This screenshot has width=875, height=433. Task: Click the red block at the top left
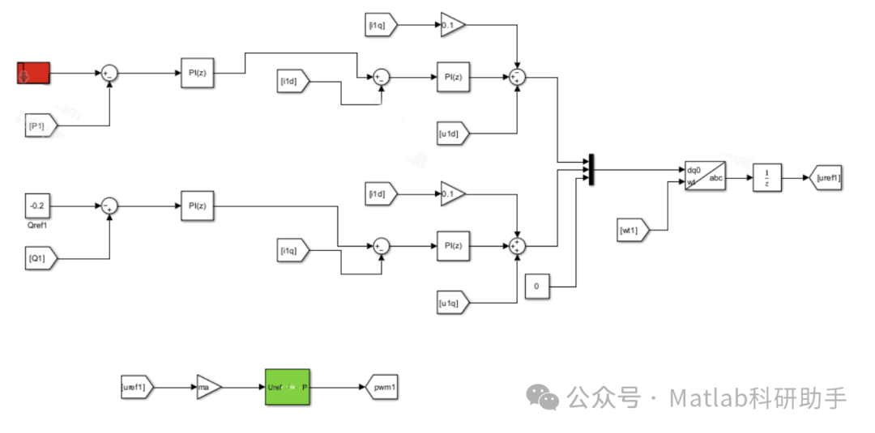pyautogui.click(x=34, y=73)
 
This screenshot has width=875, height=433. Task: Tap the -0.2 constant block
pyautogui.click(x=37, y=206)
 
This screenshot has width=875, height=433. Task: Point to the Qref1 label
pyautogui.click(x=37, y=227)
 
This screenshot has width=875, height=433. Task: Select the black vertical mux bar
pyautogui.click(x=592, y=170)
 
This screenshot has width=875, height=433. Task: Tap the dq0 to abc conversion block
pyautogui.click(x=705, y=176)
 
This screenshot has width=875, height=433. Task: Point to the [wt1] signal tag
pyautogui.click(x=633, y=230)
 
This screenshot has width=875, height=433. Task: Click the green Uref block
pyautogui.click(x=288, y=388)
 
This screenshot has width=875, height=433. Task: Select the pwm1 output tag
pyautogui.click(x=381, y=388)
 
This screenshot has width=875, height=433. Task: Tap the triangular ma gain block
pyautogui.click(x=207, y=388)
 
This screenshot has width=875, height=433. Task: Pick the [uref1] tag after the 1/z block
pyautogui.click(x=826, y=176)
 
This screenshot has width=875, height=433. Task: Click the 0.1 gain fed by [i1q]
pyautogui.click(x=451, y=25)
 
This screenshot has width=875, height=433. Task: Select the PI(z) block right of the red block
pyautogui.click(x=198, y=73)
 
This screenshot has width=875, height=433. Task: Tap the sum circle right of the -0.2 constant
pyautogui.click(x=110, y=206)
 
